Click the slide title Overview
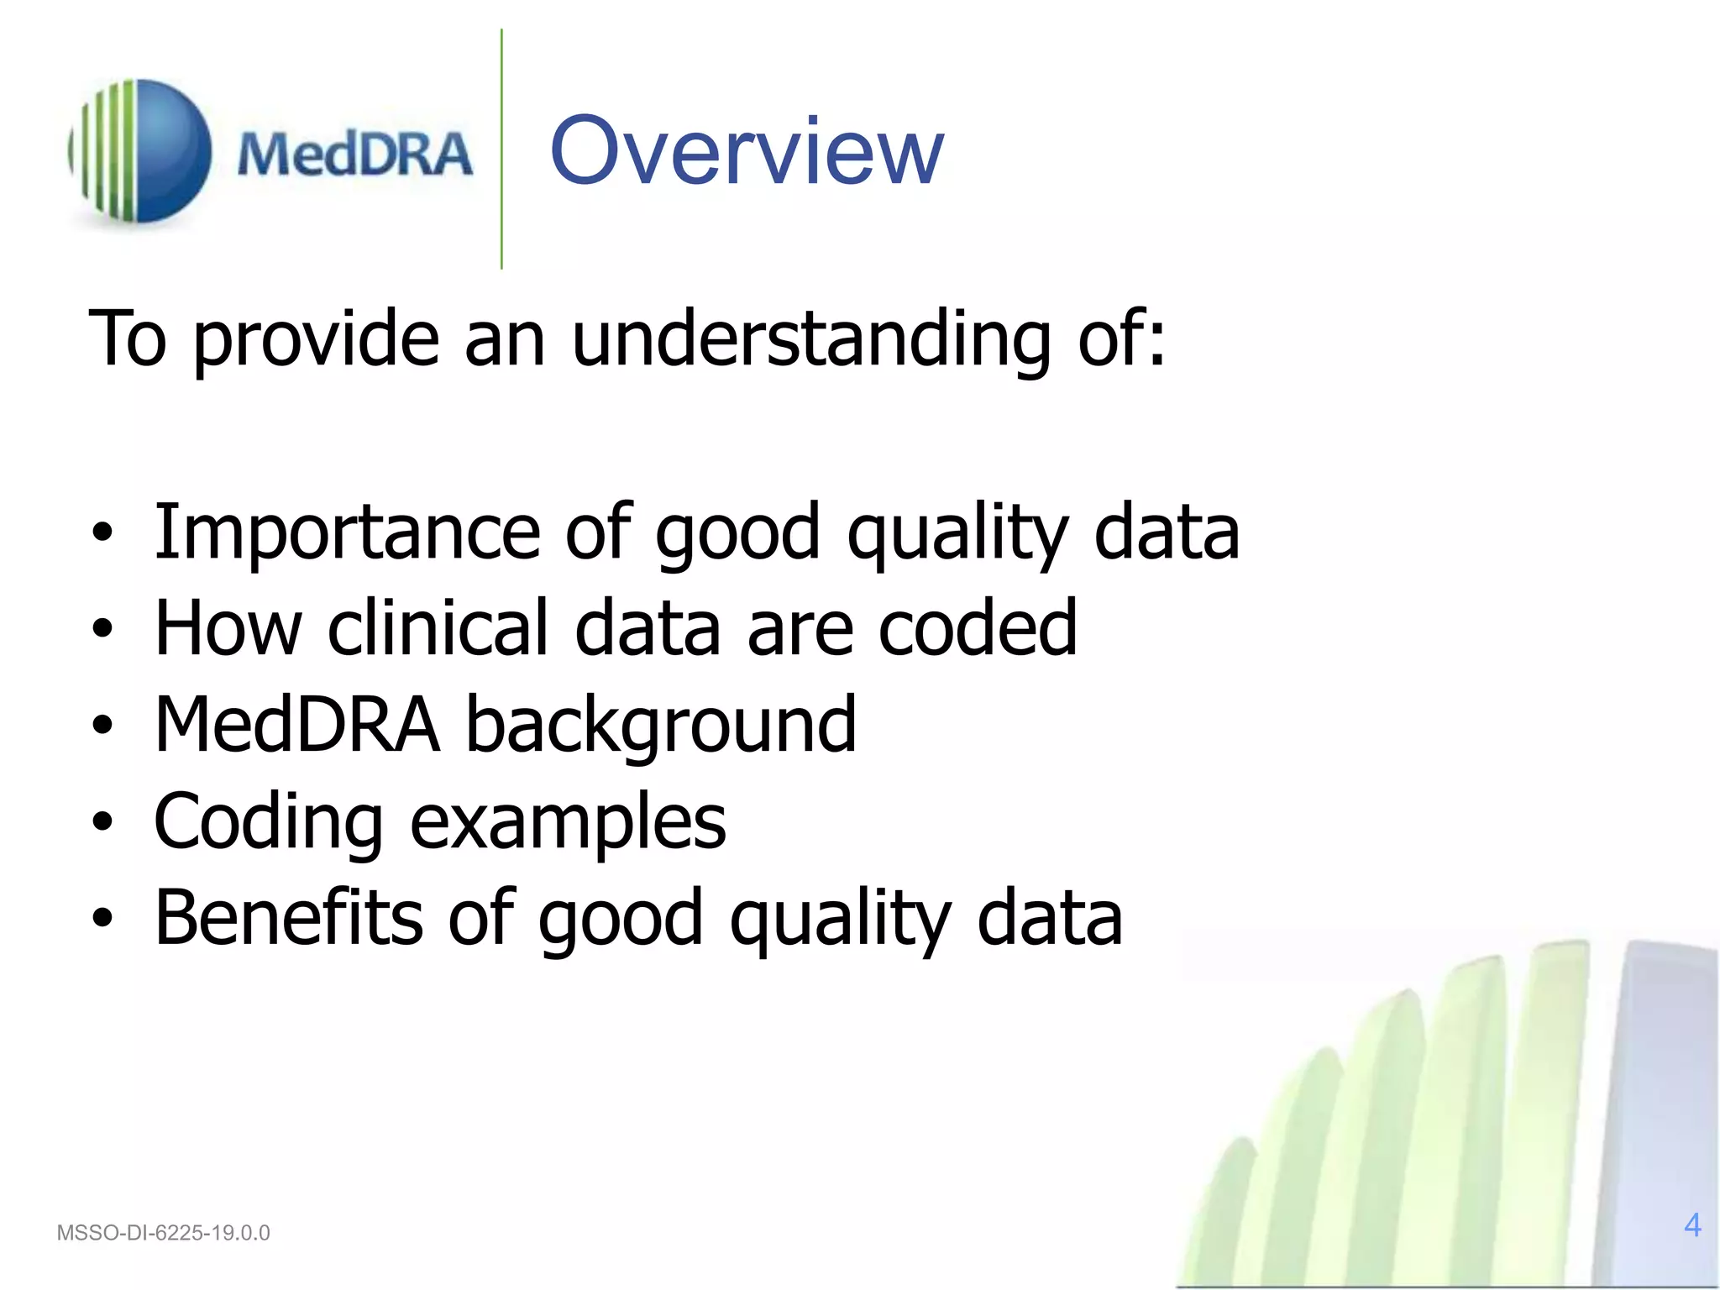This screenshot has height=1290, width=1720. tap(747, 151)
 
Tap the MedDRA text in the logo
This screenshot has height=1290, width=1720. tap(354, 155)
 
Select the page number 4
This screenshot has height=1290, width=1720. tap(1692, 1225)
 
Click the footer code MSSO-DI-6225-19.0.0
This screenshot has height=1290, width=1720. tap(163, 1233)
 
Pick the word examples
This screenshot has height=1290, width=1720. tap(568, 823)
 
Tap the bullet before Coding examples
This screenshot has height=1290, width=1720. tap(102, 823)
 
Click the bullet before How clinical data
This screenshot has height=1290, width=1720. tap(102, 629)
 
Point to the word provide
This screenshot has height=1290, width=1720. tap(316, 340)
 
